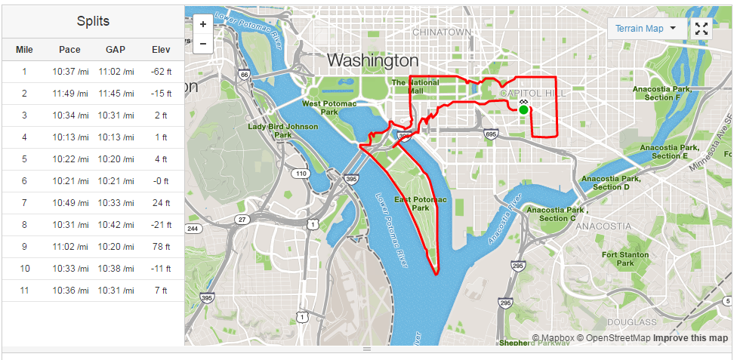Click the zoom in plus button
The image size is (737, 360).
(202, 23)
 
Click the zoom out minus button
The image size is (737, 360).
(202, 44)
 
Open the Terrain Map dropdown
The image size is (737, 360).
(646, 29)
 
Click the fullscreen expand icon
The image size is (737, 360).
(702, 29)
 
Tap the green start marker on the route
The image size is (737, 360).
(523, 109)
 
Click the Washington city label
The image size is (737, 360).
(372, 60)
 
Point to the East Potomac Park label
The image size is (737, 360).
(421, 203)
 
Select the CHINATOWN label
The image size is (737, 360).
(442, 32)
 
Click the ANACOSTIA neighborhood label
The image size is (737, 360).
(603, 226)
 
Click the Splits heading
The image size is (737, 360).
(93, 20)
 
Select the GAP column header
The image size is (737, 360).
(116, 50)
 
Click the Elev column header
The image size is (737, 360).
(160, 50)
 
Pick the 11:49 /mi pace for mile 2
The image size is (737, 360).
(70, 94)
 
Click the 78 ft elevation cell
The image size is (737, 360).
(160, 247)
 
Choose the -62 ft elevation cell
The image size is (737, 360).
(160, 72)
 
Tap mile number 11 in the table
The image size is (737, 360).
(24, 291)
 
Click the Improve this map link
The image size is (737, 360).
(690, 338)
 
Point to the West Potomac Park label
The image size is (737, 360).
(320, 107)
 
